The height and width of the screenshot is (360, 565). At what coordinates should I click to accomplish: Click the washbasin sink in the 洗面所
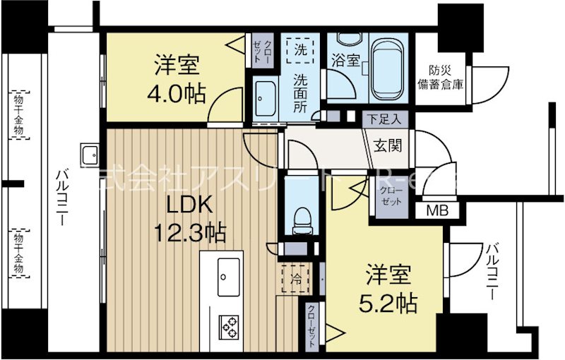click(x=268, y=94)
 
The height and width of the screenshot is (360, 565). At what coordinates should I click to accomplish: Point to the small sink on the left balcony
click(x=90, y=155)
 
